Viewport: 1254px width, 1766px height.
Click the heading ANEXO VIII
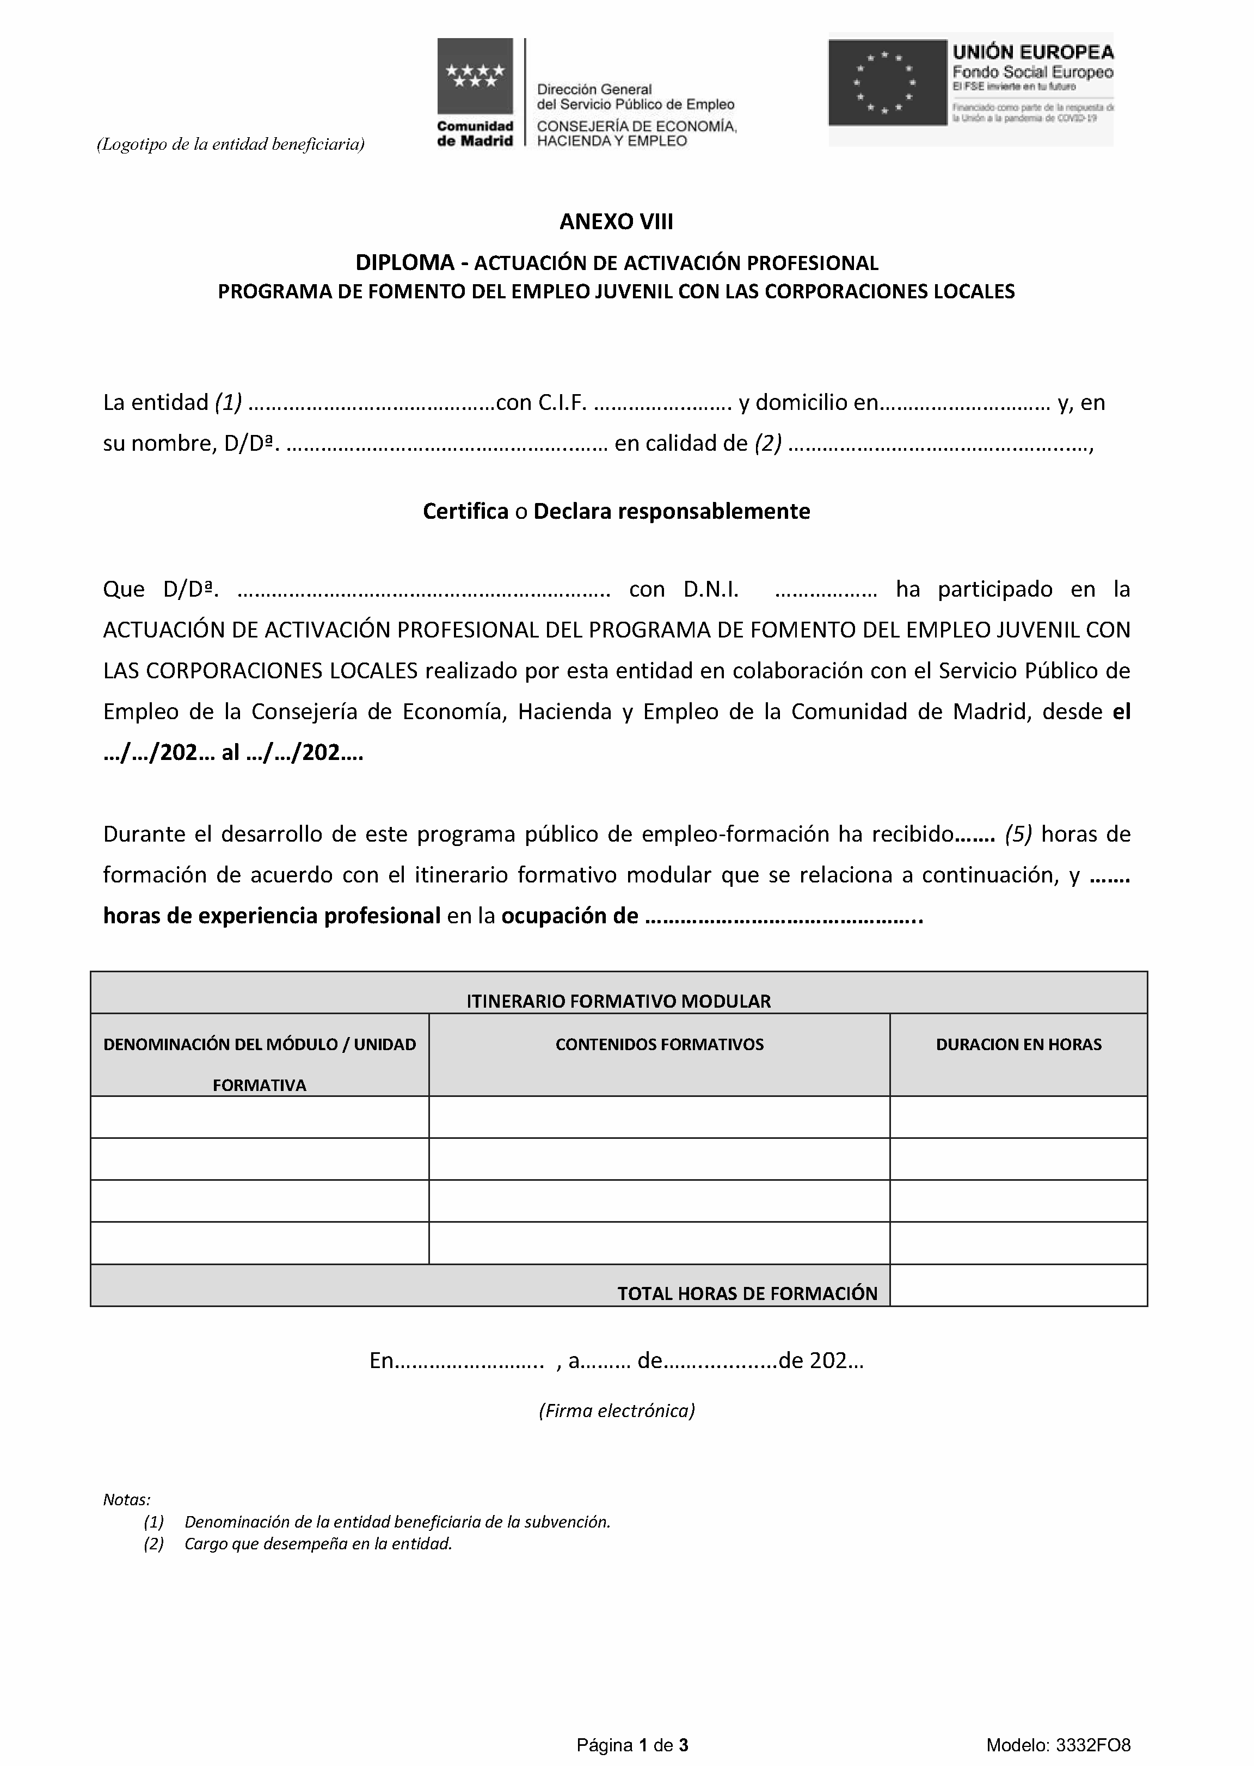click(616, 223)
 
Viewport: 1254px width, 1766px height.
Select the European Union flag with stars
click(887, 83)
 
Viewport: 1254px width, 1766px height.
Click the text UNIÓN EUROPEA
click(1032, 52)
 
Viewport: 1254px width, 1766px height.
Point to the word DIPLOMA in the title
click(404, 263)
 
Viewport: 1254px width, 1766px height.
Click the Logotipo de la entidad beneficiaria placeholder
click(230, 144)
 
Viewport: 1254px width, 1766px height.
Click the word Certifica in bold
click(465, 512)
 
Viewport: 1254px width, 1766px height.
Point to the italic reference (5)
click(1019, 835)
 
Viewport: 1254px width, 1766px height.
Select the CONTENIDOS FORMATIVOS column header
click(660, 1045)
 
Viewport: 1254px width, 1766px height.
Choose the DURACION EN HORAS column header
click(1018, 1045)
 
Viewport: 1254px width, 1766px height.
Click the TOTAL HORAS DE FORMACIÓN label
click(747, 1293)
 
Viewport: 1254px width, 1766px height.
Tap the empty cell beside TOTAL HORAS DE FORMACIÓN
click(1018, 1286)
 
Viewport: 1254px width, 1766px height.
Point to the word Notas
click(127, 1500)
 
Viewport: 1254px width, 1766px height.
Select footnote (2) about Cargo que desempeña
click(317, 1543)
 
